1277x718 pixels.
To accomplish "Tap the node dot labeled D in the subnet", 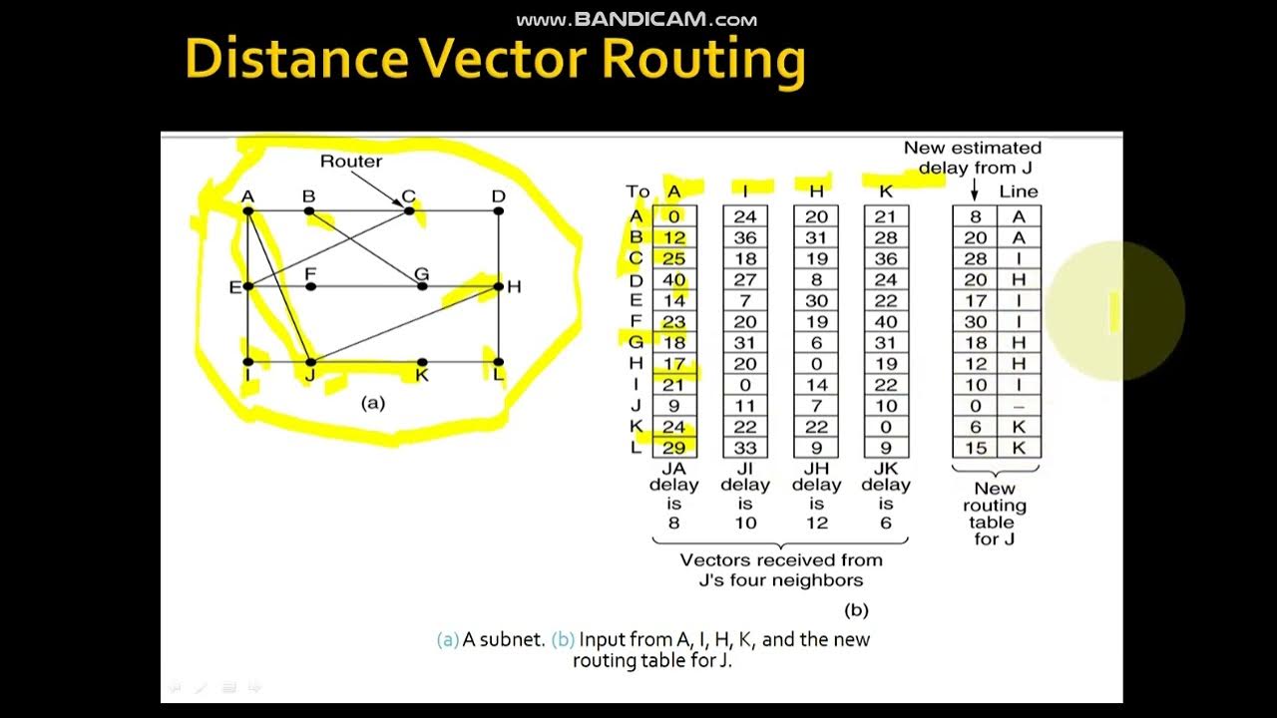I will click(x=499, y=210).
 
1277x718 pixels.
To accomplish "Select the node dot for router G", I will click(x=422, y=286).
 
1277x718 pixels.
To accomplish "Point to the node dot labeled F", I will click(x=311, y=286).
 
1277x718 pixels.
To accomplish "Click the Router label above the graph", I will click(x=350, y=161).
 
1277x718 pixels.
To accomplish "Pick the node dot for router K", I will click(x=422, y=362).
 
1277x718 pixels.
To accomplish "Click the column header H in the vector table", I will click(x=816, y=191).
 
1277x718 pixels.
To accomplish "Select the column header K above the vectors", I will click(x=886, y=191).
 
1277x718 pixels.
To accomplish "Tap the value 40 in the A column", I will click(x=674, y=280).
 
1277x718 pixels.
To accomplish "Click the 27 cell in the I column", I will click(x=745, y=280).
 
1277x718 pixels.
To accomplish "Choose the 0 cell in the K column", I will click(x=886, y=427).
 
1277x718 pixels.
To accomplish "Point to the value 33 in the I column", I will click(x=745, y=448).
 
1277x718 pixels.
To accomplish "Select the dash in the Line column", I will click(x=1019, y=406).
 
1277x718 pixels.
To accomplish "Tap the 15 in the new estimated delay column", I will click(x=975, y=448).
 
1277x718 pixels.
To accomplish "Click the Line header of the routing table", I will click(x=1019, y=191).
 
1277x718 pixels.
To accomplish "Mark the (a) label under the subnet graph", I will click(x=372, y=403).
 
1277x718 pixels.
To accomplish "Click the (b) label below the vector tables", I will click(x=856, y=609).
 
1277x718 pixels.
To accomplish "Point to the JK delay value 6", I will click(x=886, y=523).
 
